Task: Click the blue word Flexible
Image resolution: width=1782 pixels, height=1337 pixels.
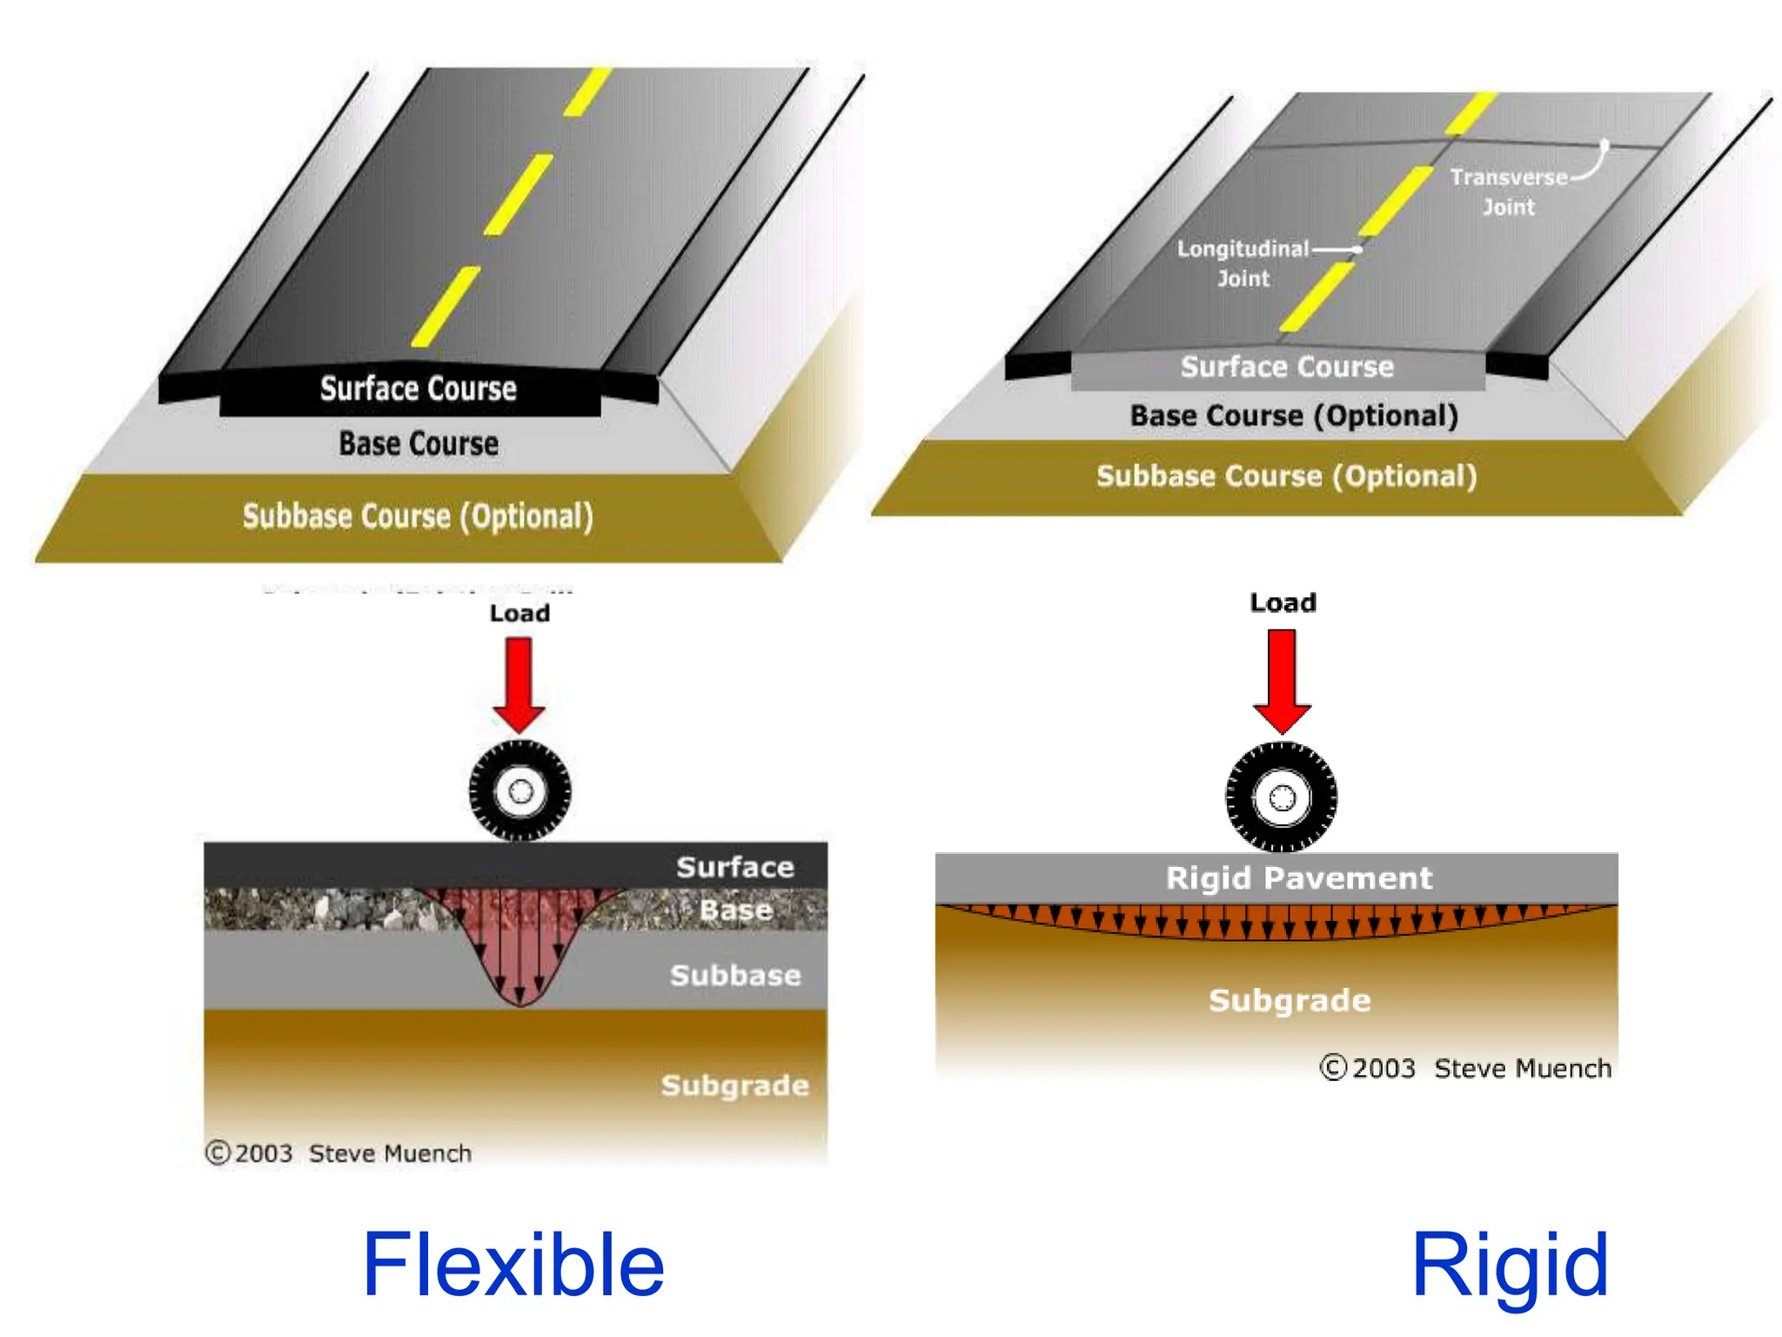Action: [513, 1265]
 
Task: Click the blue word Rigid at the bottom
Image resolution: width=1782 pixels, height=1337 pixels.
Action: [1510, 1265]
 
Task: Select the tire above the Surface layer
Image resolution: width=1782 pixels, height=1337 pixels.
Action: [520, 791]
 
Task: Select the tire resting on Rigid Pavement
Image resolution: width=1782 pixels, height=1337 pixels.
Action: [1282, 797]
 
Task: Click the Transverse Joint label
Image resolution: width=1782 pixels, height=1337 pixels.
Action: [1509, 191]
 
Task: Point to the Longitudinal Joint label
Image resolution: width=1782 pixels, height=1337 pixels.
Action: [1243, 263]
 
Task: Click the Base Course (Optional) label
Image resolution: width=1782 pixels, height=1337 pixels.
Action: [1294, 416]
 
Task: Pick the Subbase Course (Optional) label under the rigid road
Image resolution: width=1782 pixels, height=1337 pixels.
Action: [1286, 476]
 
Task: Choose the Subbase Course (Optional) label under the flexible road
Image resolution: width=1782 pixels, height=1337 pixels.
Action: [418, 516]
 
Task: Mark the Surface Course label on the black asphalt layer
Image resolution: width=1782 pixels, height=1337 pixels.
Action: [418, 388]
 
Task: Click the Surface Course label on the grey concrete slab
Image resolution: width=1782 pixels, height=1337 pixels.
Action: [1287, 367]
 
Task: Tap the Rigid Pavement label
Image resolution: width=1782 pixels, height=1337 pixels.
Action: [1298, 878]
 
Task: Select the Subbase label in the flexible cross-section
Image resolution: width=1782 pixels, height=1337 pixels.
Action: [735, 976]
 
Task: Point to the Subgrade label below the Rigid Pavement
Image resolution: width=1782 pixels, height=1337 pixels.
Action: [1290, 1001]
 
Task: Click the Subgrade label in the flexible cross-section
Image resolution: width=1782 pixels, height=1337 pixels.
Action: [735, 1085]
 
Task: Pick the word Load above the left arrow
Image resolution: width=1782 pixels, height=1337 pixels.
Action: [519, 614]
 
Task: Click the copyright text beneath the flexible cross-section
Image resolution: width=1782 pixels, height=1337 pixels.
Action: [339, 1153]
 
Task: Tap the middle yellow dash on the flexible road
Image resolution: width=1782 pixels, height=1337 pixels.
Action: [519, 194]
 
